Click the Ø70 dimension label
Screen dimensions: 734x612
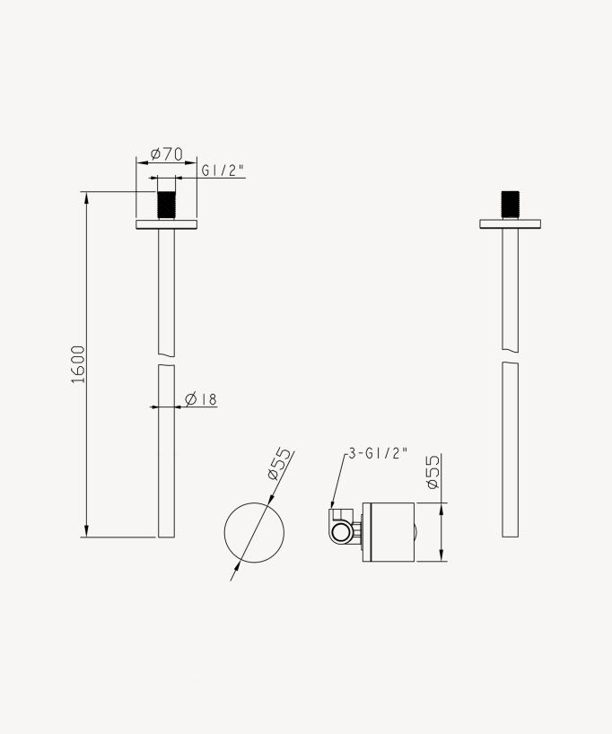166,154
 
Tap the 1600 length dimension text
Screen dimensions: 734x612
78,363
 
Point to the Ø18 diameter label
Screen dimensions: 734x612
202,399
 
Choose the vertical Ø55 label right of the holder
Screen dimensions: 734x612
432,472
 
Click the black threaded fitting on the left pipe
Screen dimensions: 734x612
166,205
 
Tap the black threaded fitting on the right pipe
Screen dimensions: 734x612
510,205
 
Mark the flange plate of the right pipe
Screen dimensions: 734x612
510,224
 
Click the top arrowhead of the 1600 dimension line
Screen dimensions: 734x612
86,197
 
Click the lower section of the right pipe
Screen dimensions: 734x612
510,449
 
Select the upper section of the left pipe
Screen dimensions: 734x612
166,292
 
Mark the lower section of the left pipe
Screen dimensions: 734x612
166,467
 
